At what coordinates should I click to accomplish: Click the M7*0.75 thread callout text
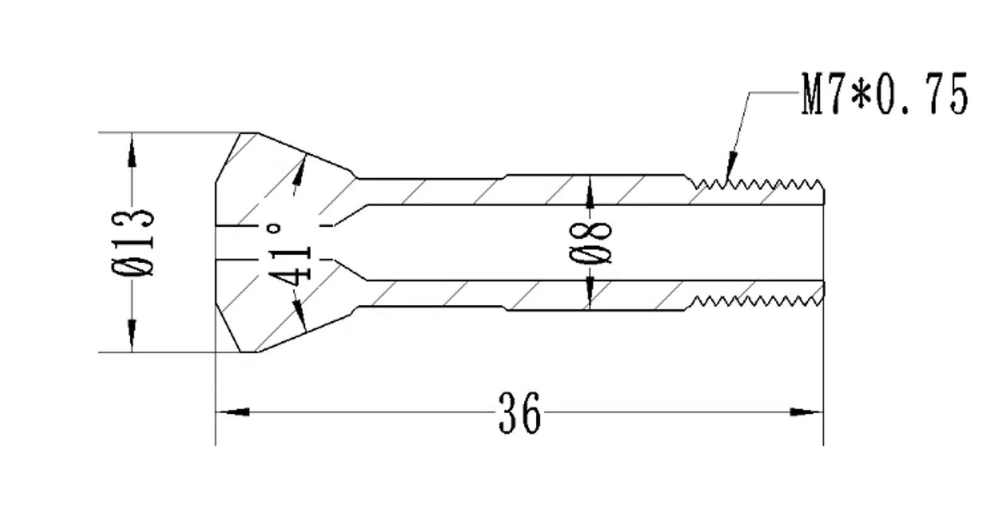point(884,94)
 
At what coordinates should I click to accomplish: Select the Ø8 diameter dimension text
point(591,242)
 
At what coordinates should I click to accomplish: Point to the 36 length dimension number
point(519,413)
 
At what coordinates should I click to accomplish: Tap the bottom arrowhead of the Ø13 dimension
point(132,335)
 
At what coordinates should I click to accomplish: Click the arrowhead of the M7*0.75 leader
point(731,166)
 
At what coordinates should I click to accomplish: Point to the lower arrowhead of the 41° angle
point(300,316)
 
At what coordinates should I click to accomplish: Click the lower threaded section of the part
point(756,301)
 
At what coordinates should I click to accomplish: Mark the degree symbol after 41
point(275,229)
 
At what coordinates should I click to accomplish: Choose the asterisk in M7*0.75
point(861,94)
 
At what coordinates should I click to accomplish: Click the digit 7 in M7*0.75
point(835,94)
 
